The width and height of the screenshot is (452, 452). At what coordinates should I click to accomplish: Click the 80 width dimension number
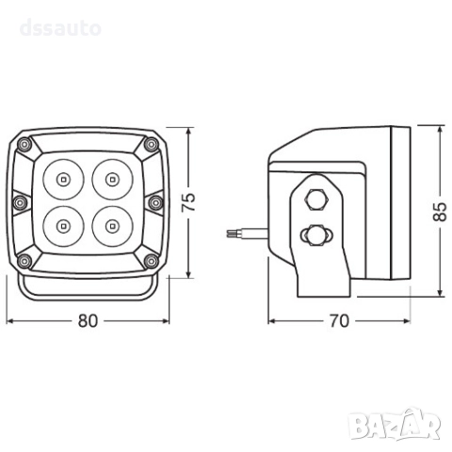tap(88, 321)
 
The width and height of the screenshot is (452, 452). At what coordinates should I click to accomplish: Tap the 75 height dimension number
tap(189, 202)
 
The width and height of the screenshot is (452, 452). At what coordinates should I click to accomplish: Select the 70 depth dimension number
tap(339, 321)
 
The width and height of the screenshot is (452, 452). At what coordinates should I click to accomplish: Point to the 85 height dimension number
tap(440, 212)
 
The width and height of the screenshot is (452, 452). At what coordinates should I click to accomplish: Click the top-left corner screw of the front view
tap(24, 145)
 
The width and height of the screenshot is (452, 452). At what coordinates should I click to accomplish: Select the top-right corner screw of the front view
tap(152, 144)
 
